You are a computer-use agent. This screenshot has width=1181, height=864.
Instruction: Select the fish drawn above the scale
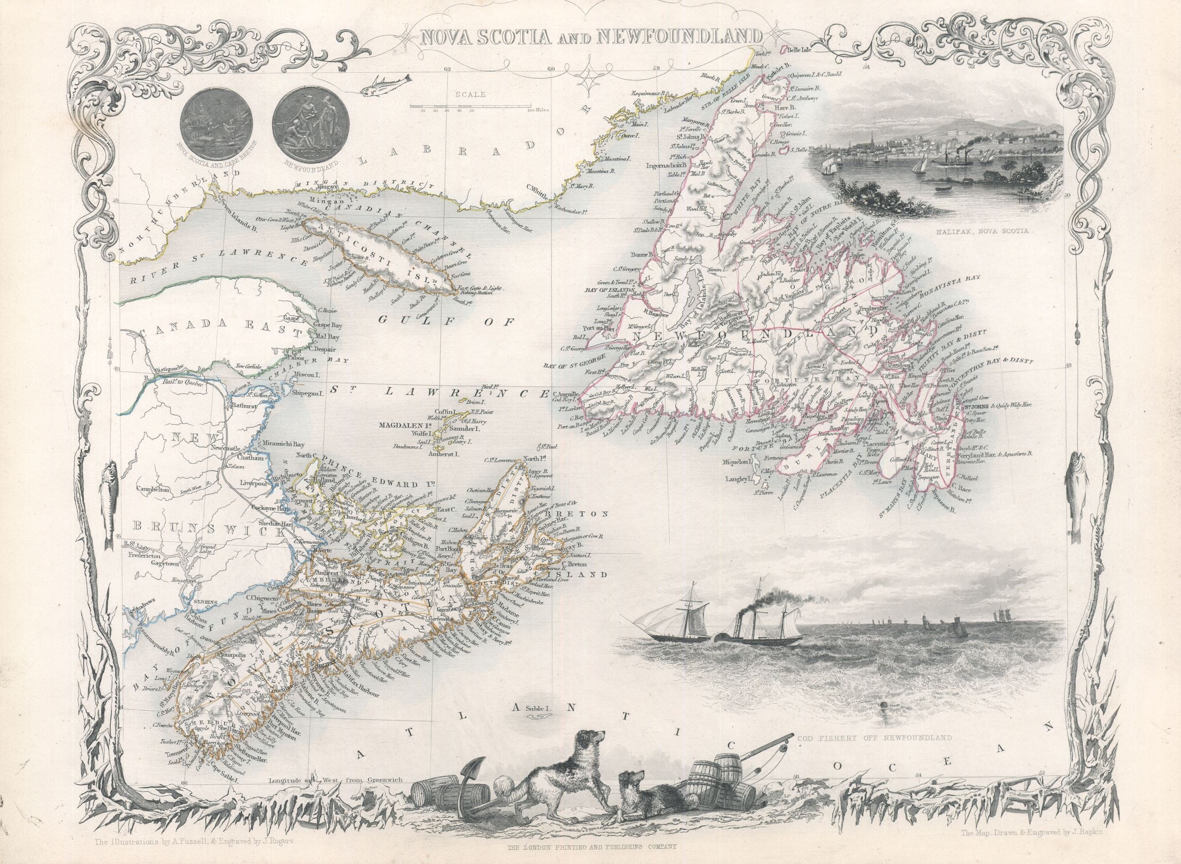386,84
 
